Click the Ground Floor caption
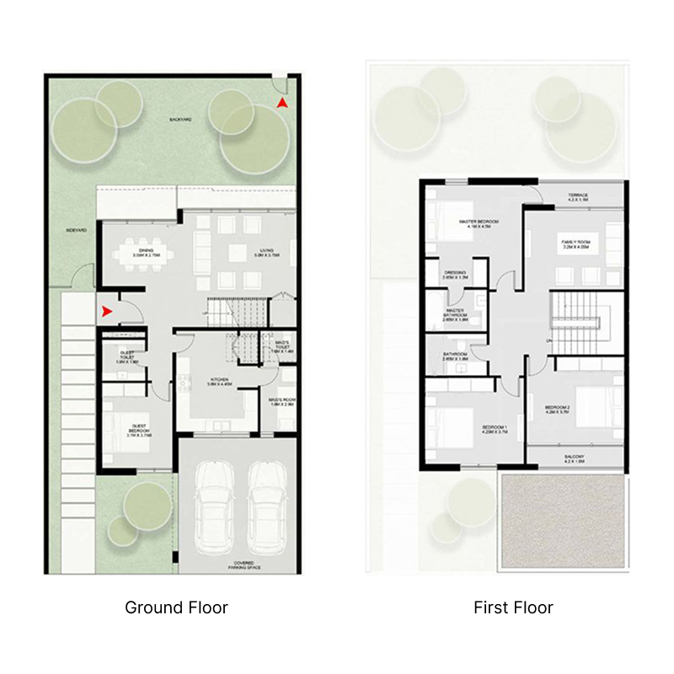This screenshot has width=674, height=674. [x=176, y=607]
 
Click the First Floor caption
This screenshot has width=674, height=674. [x=513, y=607]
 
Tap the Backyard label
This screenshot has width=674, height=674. [x=180, y=120]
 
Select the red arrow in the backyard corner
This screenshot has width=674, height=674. [x=283, y=103]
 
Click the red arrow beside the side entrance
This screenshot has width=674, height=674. [x=107, y=312]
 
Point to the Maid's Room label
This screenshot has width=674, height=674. [x=281, y=402]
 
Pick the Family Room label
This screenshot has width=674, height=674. [x=576, y=244]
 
